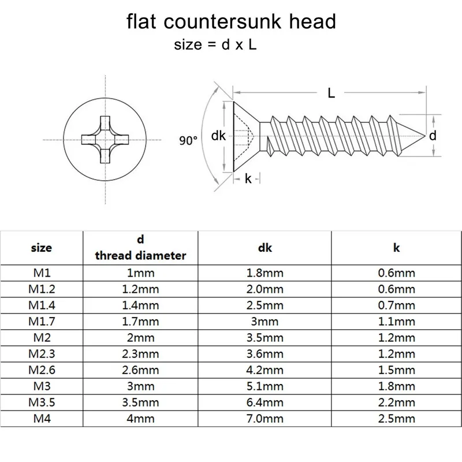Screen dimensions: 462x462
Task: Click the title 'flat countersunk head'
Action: [x=231, y=22]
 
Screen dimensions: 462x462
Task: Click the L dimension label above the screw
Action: [x=331, y=92]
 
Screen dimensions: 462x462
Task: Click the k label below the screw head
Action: [x=248, y=179]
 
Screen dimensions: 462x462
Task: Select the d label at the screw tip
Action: [x=433, y=136]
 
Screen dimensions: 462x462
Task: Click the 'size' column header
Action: [x=42, y=247]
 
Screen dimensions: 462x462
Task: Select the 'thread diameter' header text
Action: [x=140, y=255]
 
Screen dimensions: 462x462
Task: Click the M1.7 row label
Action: [x=42, y=322]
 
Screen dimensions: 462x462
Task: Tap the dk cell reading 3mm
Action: [x=265, y=322]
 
